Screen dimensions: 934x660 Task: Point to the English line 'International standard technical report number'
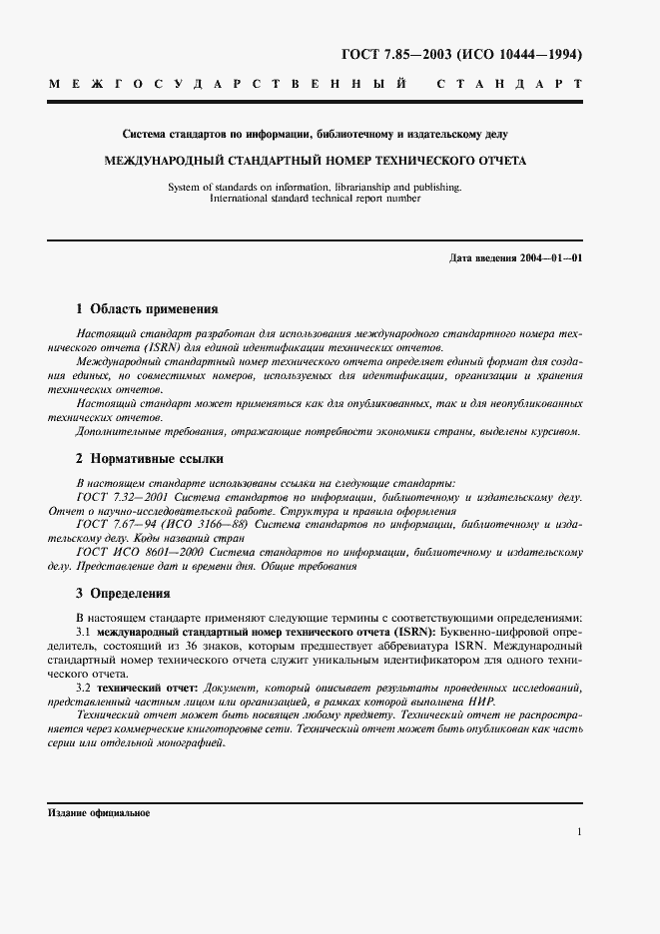click(316, 198)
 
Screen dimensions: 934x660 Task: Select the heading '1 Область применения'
click(147, 309)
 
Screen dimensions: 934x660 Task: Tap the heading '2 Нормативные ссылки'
click(149, 459)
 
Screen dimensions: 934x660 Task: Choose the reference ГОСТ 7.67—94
click(113, 523)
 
